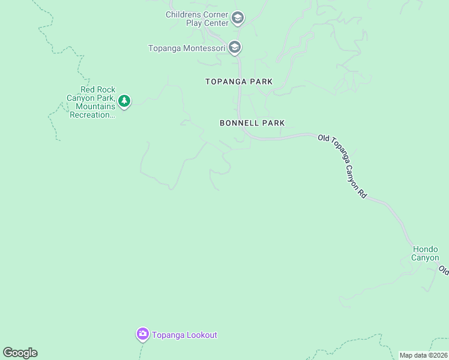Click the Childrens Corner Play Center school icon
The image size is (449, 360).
point(237,18)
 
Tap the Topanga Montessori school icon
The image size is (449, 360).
point(234,47)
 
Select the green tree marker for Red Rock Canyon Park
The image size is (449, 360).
point(124,101)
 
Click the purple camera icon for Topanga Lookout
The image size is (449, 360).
point(142,334)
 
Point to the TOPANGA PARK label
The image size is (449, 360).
point(239,82)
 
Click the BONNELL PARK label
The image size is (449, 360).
point(252,123)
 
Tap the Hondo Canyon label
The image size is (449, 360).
point(425,253)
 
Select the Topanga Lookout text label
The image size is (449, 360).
point(184,335)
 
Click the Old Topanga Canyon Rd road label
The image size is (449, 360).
point(342,166)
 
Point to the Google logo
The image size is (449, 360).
point(20,353)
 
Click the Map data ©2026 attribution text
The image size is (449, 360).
point(424,355)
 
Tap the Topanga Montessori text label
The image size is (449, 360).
point(187,48)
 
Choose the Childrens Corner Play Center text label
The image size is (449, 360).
point(197,19)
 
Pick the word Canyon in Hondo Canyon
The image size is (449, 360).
point(425,258)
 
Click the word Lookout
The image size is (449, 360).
point(201,335)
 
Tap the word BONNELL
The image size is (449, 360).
point(239,123)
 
